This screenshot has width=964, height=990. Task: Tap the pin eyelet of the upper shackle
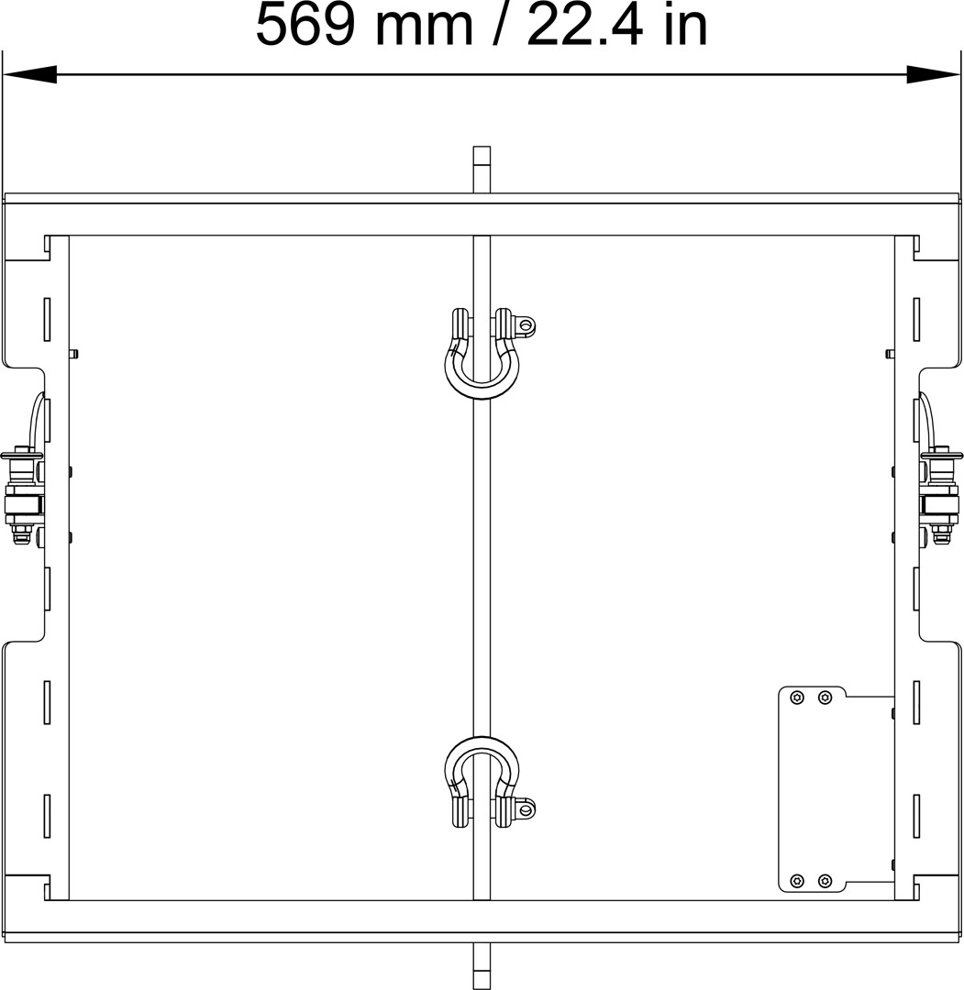point(525,325)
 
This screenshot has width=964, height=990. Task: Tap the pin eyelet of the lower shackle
point(525,808)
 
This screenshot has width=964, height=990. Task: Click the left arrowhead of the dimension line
point(29,74)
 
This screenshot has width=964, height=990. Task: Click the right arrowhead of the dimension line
point(934,74)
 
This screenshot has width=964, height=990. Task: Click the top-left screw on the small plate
point(797,698)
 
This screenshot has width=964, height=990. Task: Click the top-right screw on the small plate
point(825,698)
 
